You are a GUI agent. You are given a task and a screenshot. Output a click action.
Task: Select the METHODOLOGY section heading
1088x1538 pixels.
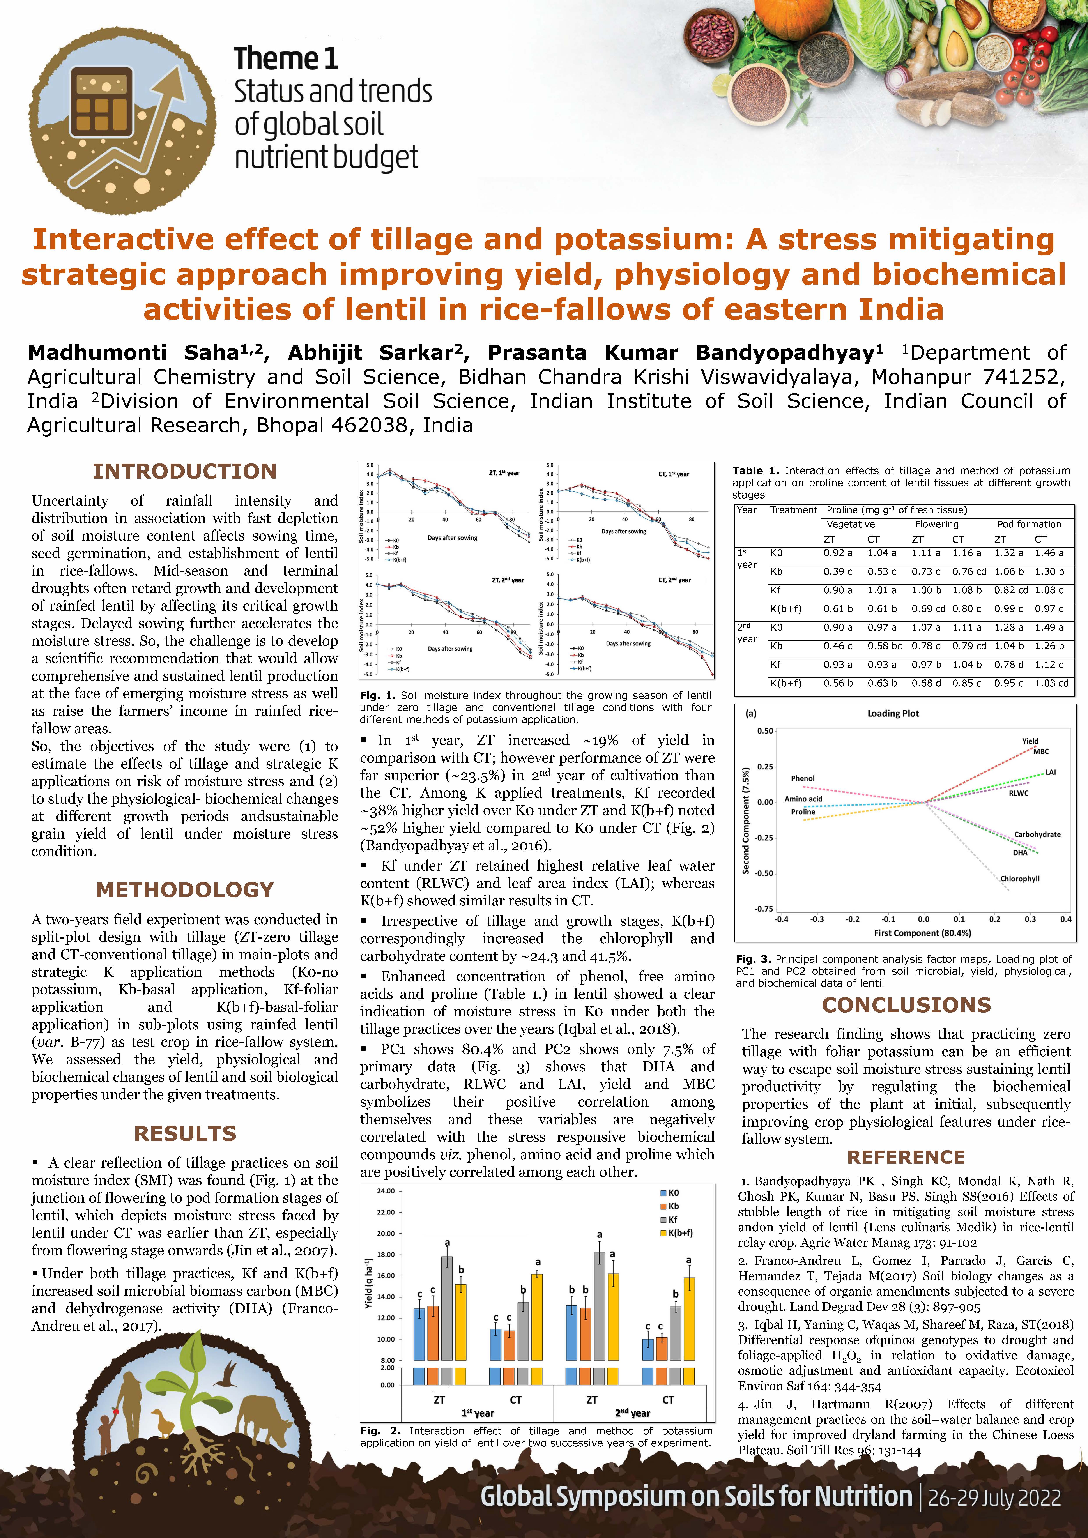(x=185, y=890)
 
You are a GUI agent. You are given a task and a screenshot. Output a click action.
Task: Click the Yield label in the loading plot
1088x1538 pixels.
(x=1030, y=741)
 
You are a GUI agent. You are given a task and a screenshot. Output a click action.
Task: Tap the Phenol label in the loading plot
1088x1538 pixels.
(x=803, y=778)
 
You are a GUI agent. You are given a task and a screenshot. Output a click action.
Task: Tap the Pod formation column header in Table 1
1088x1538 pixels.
(x=1029, y=525)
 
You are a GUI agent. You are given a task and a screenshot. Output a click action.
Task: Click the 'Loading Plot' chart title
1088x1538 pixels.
(x=893, y=713)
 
